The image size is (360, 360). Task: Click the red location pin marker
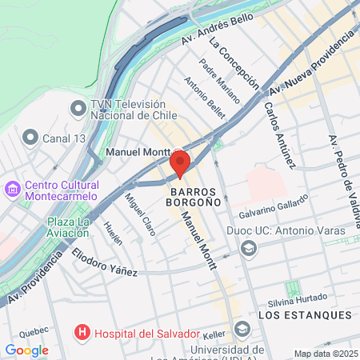180,163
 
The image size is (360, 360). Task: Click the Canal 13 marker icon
31,138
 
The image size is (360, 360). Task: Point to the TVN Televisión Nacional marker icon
78,107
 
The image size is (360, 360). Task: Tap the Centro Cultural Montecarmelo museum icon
13,190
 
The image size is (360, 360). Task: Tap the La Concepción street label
234,61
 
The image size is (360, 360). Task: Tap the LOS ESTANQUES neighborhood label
305,315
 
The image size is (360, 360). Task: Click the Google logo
26,350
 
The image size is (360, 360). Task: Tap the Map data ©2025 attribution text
326,354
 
